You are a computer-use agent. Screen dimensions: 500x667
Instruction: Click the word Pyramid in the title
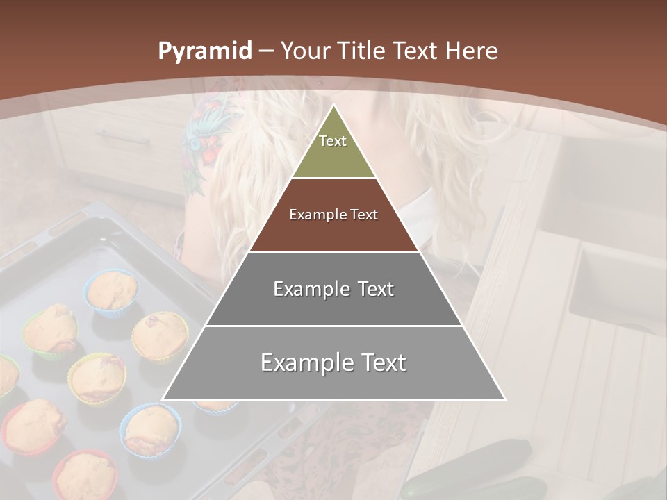pyautogui.click(x=204, y=51)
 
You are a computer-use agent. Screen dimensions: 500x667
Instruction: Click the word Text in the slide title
pyautogui.click(x=415, y=51)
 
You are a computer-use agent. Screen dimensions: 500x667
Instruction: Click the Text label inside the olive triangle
pyautogui.click(x=333, y=141)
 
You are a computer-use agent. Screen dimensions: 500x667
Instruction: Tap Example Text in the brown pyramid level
pyautogui.click(x=333, y=215)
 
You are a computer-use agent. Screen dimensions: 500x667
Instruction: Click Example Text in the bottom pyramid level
pyautogui.click(x=333, y=362)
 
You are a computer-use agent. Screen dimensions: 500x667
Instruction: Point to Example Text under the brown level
pyautogui.click(x=333, y=289)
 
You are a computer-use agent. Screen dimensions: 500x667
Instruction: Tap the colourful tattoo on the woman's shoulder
pyautogui.click(x=205, y=135)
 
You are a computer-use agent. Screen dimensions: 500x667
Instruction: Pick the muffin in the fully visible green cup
pyautogui.click(x=50, y=330)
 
